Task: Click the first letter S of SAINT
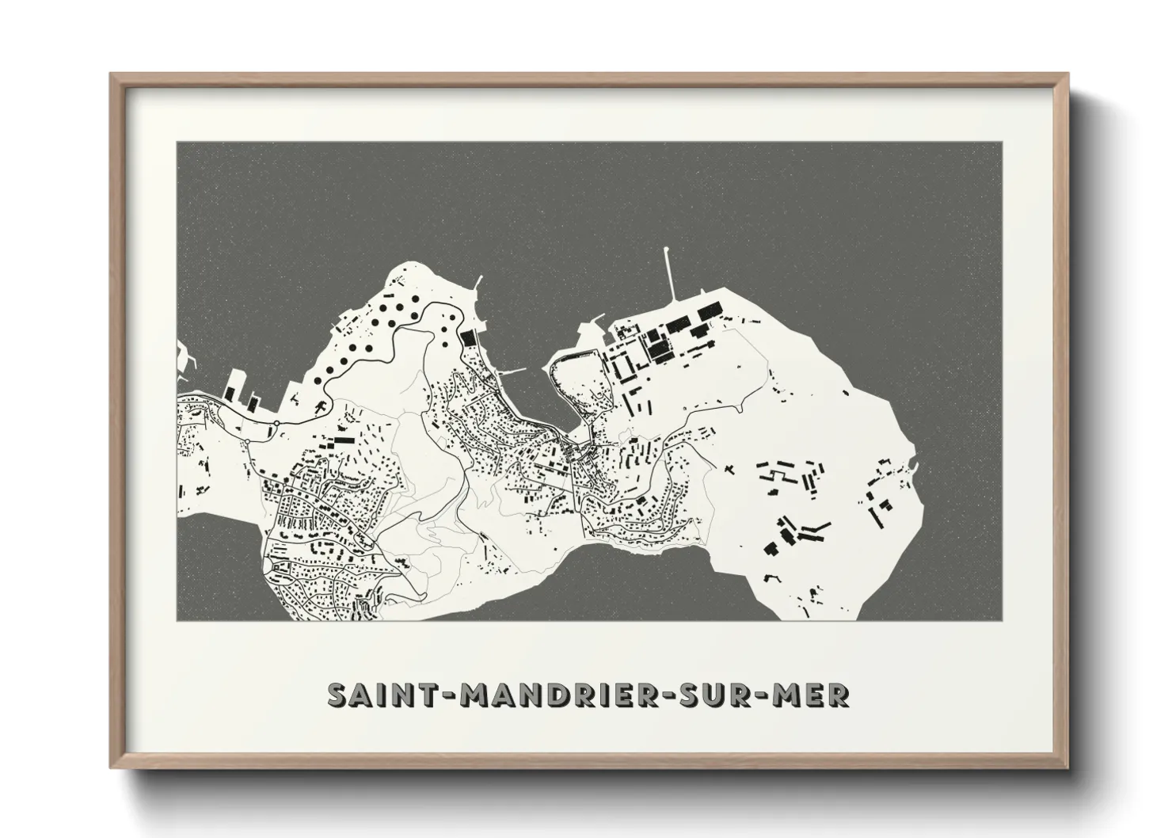tap(338, 695)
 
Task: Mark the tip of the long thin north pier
tap(668, 250)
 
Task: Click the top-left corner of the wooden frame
tap(111, 74)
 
